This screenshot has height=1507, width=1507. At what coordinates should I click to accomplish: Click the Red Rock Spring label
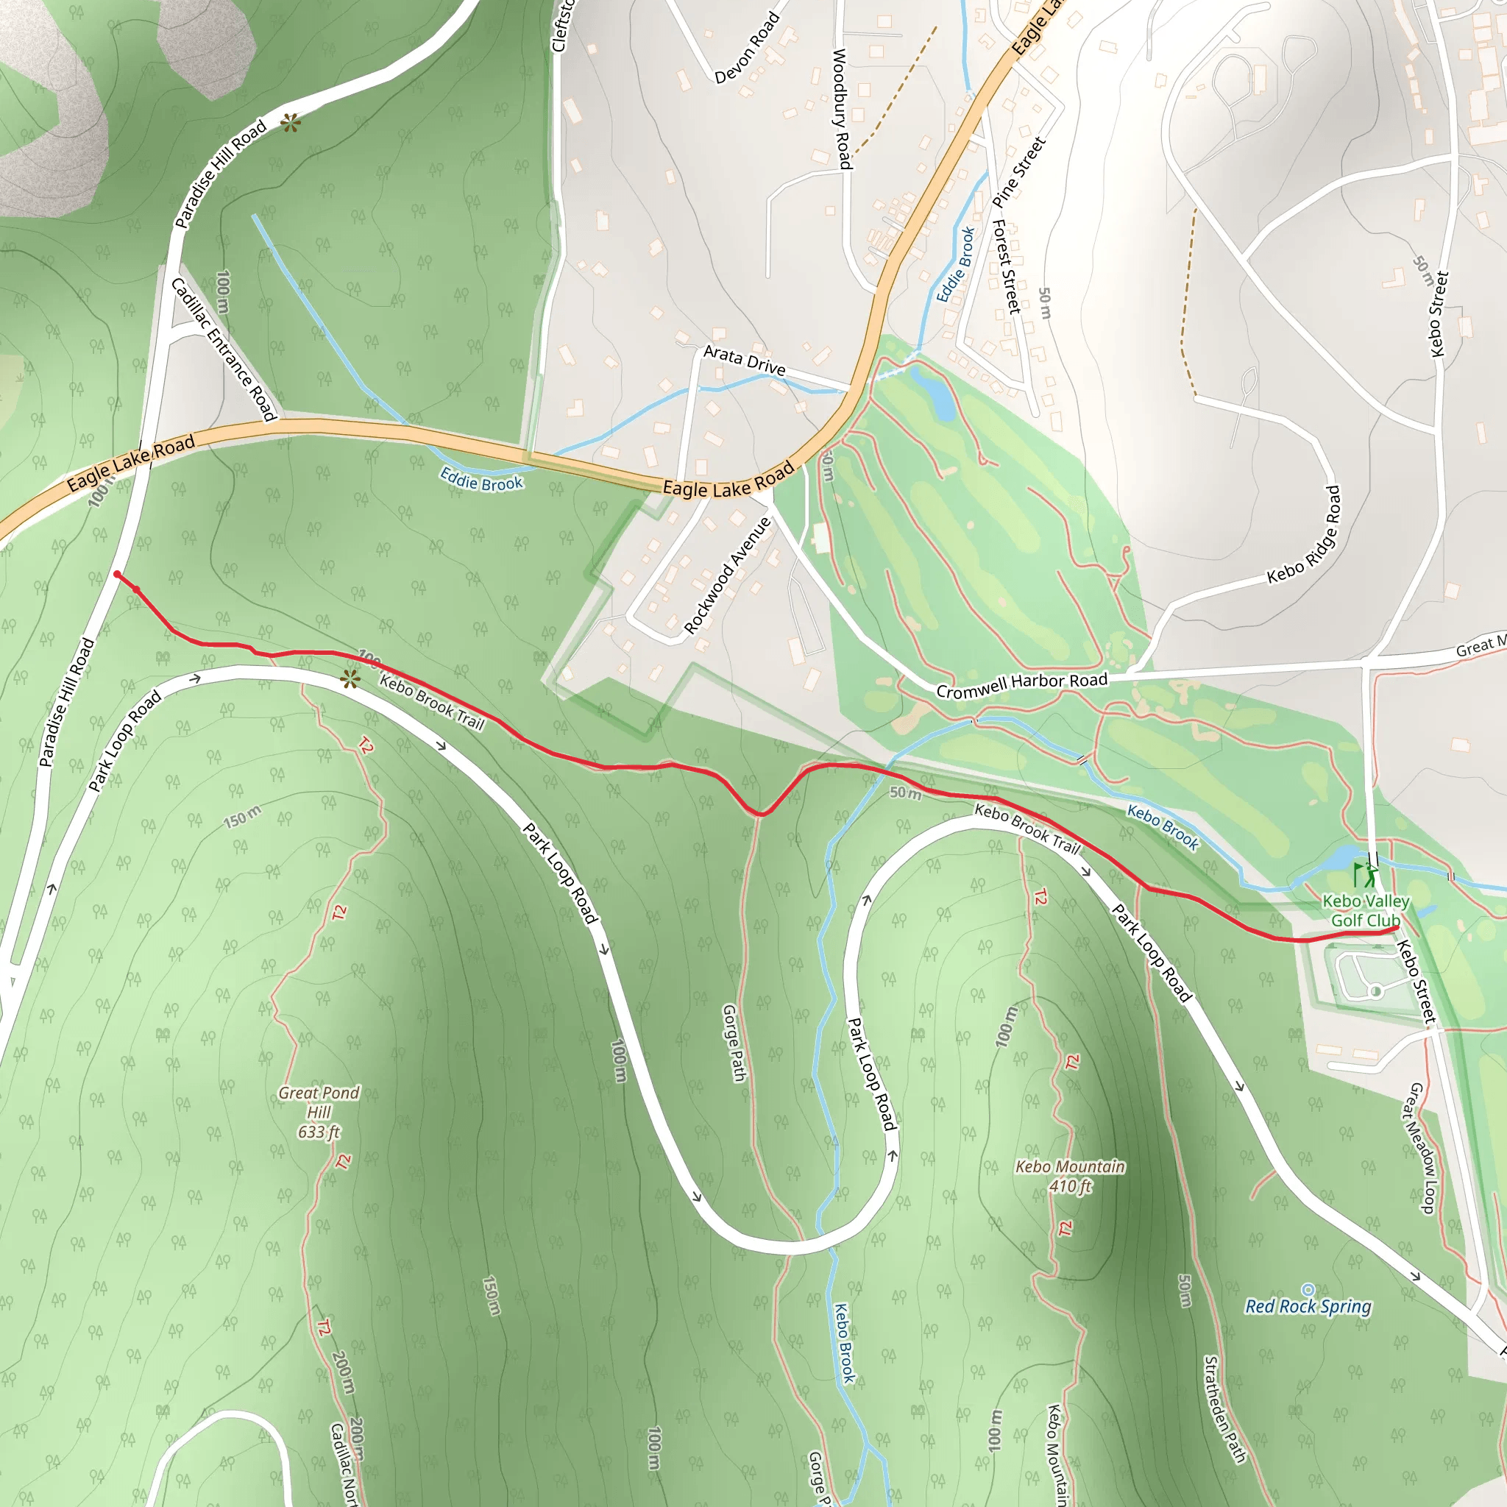(x=1308, y=1307)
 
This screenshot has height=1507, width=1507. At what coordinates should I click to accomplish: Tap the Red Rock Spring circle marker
(x=1308, y=1289)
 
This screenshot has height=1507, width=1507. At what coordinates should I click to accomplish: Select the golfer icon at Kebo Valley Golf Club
(x=1366, y=874)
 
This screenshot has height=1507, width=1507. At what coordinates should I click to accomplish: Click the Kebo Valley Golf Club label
(x=1366, y=910)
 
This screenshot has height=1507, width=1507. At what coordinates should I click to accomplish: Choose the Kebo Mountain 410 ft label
(x=1069, y=1177)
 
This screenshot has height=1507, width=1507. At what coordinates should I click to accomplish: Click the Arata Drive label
(x=744, y=360)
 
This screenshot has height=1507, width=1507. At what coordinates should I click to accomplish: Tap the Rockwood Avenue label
(x=727, y=575)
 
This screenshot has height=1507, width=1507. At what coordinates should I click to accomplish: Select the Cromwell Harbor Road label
(x=1022, y=685)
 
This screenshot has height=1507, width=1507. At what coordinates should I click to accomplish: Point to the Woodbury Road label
(x=841, y=108)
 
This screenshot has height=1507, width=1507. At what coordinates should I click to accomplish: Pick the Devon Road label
(x=748, y=49)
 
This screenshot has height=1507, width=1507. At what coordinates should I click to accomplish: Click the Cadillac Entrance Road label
(x=224, y=349)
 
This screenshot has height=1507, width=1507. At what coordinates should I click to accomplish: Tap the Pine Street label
(x=1018, y=171)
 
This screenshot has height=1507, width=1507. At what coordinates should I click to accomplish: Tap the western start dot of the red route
(x=117, y=574)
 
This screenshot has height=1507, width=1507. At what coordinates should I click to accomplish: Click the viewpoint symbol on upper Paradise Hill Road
(x=290, y=122)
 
